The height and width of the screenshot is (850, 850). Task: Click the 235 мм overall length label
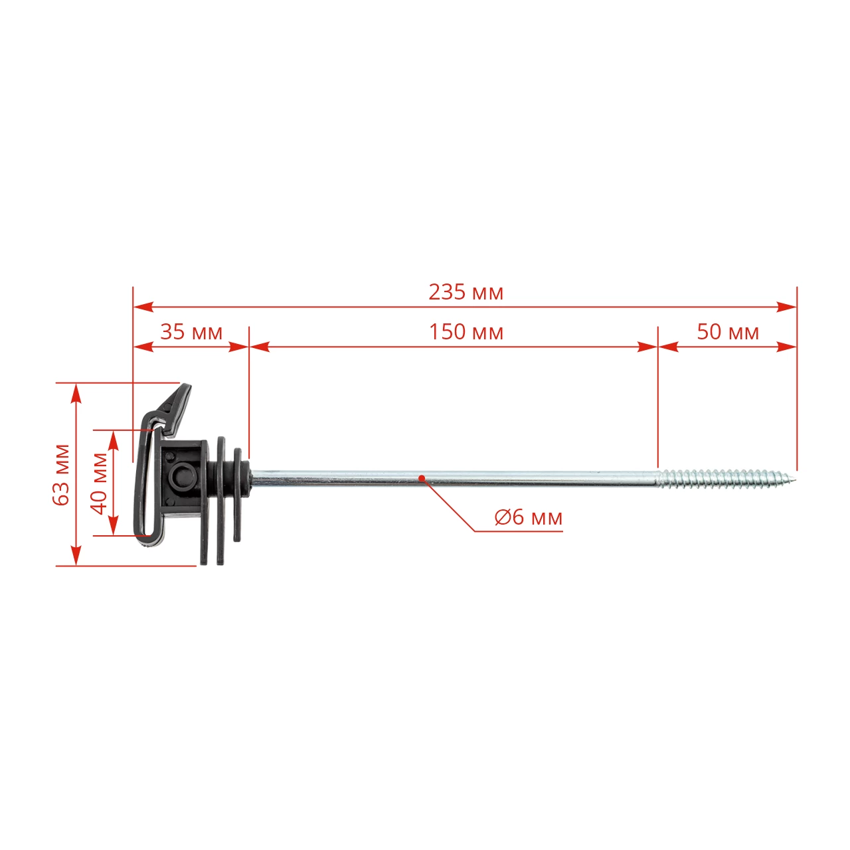pos(466,292)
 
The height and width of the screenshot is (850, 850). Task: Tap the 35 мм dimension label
pos(191,332)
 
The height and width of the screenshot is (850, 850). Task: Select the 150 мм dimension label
pos(466,332)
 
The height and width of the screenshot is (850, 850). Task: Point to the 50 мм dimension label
pos(728,332)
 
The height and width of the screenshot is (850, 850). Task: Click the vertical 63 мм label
pos(61,475)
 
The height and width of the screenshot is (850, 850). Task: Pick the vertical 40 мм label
pos(99,484)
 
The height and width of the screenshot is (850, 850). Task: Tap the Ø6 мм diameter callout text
pos(528,517)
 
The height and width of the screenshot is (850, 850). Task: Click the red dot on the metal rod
pos(422,477)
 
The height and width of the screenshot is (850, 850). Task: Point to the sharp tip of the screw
pos(796,477)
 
